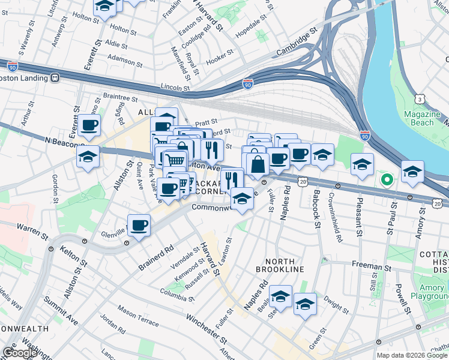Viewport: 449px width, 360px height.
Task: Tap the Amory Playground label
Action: pos(430,292)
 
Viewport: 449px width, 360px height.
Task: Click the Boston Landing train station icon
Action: pos(55,77)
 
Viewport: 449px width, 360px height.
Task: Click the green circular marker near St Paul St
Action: pos(387,179)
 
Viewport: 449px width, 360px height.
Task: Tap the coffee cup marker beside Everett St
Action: pos(89,125)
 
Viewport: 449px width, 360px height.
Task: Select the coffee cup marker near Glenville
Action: pos(139,226)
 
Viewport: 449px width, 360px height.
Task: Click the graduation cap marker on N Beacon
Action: pos(88,158)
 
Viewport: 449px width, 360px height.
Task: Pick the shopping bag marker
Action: pos(258,163)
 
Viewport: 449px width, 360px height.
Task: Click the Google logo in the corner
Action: pos(19,353)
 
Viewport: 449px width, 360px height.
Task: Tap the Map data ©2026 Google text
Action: pos(412,355)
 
